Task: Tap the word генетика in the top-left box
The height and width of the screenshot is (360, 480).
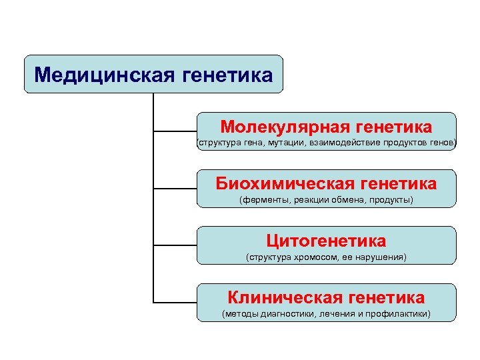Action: click(227, 75)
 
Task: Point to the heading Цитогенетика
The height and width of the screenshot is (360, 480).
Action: click(326, 240)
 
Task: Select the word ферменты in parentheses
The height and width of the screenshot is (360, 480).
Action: click(265, 200)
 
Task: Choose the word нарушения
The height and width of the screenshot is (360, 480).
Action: click(382, 257)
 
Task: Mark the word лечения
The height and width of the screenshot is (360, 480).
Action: click(337, 313)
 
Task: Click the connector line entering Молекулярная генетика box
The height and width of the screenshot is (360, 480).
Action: click(175, 131)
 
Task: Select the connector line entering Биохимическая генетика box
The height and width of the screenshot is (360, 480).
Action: click(175, 188)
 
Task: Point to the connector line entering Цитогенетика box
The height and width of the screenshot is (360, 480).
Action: click(175, 245)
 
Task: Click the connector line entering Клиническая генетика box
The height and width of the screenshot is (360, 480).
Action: click(175, 302)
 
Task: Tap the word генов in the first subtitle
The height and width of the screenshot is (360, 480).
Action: click(442, 143)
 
